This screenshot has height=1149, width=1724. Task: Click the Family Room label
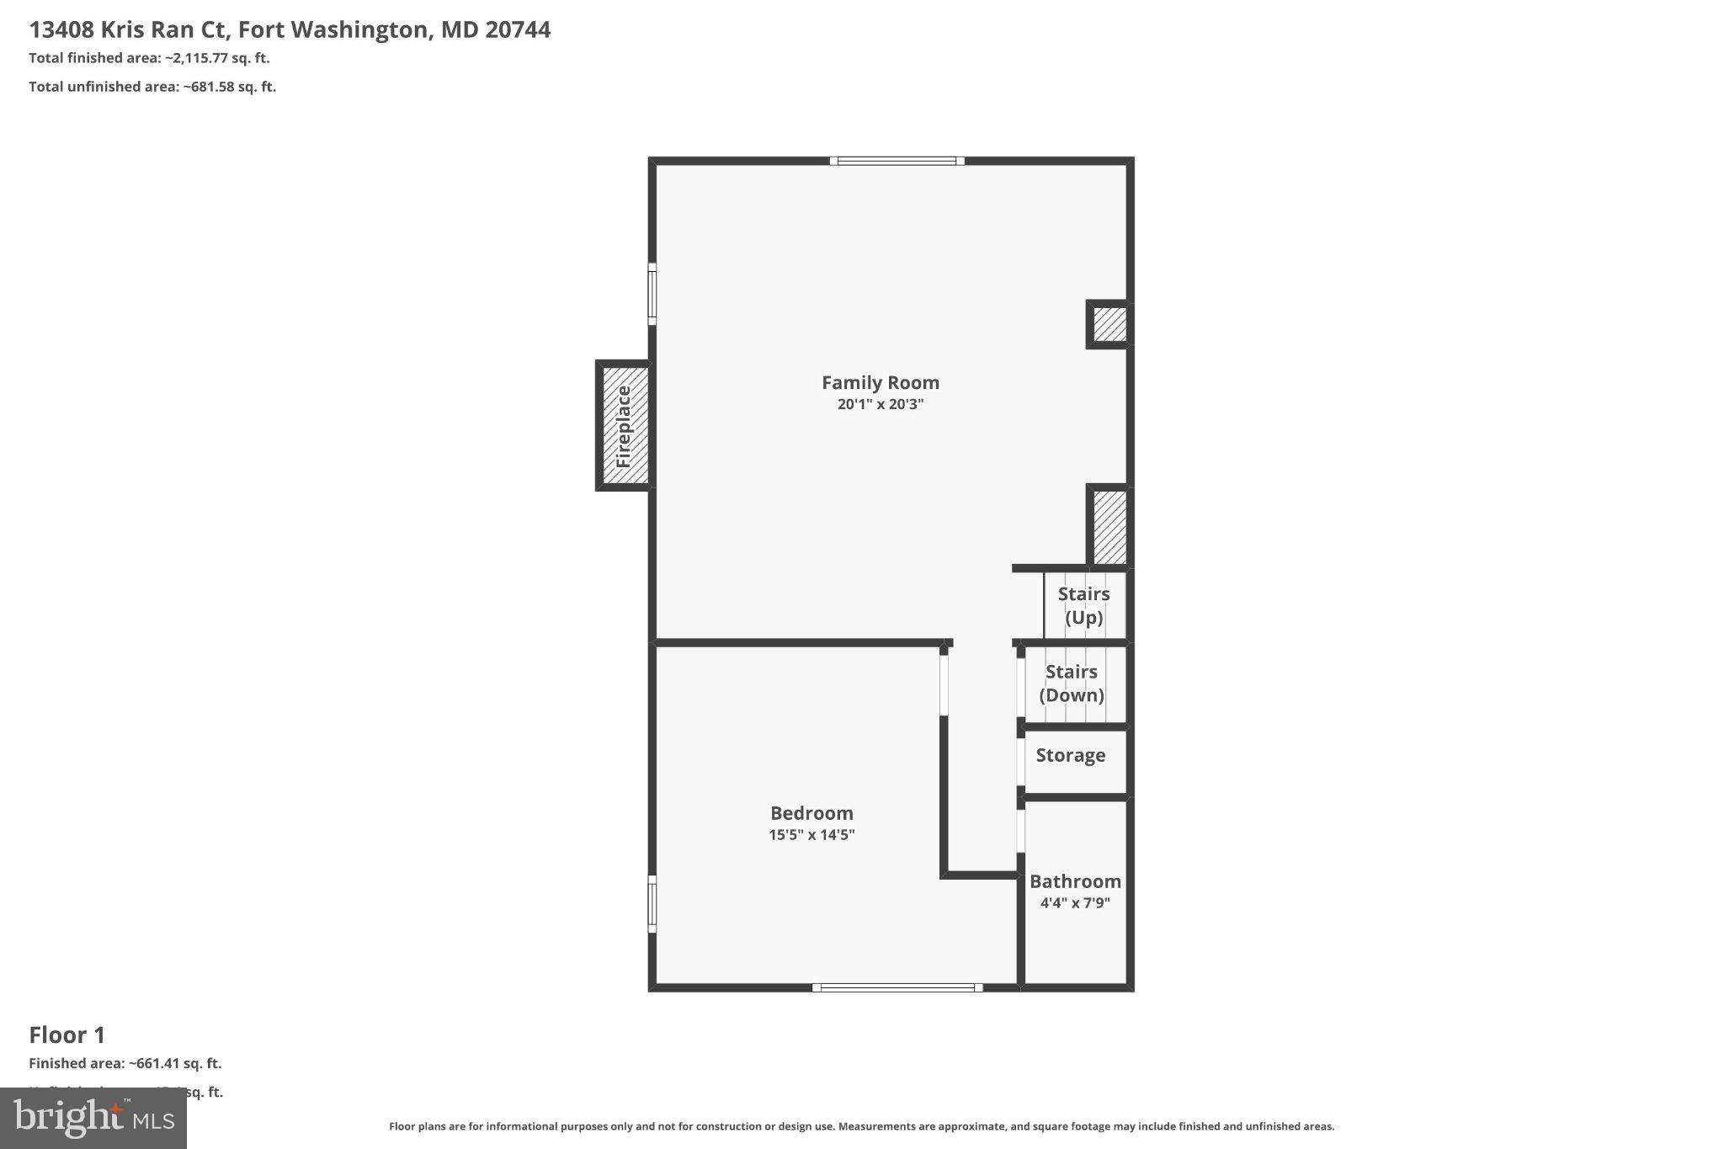click(881, 382)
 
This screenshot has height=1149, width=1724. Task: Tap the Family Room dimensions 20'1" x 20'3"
click(881, 404)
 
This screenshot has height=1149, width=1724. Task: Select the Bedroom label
click(811, 813)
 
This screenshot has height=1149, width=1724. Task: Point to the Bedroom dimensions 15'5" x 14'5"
click(811, 835)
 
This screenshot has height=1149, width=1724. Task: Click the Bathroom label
click(1075, 881)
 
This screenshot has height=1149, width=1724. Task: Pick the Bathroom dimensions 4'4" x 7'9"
click(1075, 903)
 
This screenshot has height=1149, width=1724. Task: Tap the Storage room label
click(1070, 755)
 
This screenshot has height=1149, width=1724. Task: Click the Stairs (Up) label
click(1083, 605)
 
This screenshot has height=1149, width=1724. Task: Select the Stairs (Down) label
click(1071, 683)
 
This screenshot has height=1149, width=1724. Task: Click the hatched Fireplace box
click(624, 426)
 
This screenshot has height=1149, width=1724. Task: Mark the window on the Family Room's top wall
click(897, 161)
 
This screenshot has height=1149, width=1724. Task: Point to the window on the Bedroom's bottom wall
click(897, 987)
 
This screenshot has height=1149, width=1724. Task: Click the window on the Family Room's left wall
click(652, 294)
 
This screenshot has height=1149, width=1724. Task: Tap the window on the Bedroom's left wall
click(652, 904)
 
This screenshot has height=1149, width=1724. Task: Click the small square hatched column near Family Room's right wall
click(1109, 324)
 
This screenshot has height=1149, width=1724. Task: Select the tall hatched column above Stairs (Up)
click(1109, 527)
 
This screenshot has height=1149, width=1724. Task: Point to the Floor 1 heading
click(67, 1035)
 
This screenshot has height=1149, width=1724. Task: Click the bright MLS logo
click(93, 1118)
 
